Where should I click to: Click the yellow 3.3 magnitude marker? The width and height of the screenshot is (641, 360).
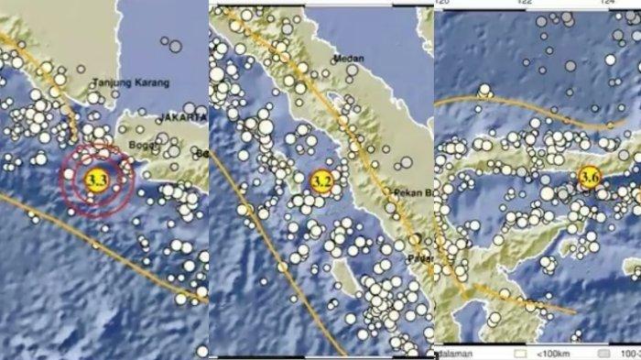95,179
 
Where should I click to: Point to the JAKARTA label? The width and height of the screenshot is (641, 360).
182,119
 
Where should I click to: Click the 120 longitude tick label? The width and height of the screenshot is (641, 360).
444,3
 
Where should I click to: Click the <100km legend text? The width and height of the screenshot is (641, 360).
549,352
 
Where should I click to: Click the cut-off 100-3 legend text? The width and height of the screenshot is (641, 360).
629,352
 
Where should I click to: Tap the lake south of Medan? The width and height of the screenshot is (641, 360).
339,95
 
